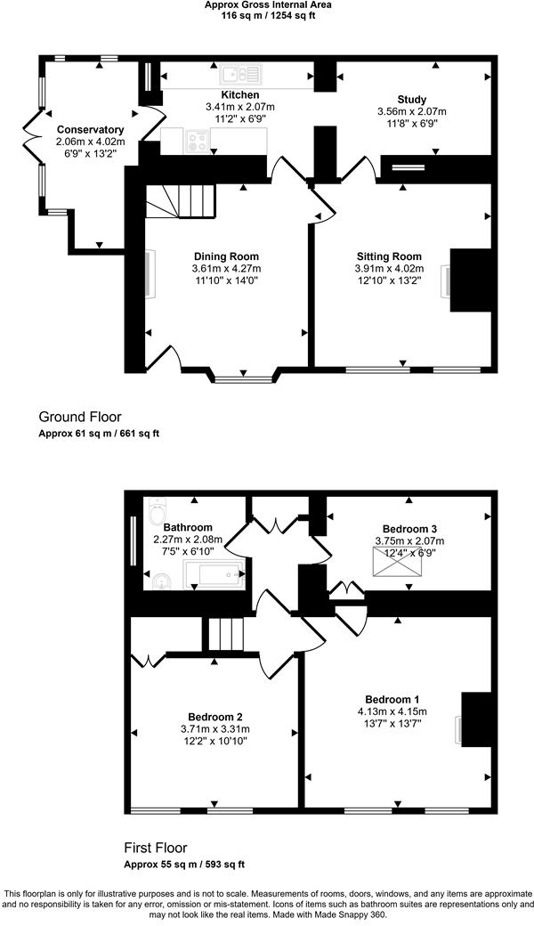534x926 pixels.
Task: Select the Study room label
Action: point(412,99)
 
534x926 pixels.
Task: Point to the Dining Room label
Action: point(226,256)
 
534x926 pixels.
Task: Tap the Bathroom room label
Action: point(188,527)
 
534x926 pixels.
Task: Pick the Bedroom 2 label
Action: point(215,717)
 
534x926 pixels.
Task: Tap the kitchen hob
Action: point(198,140)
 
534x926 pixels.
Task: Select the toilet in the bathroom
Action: point(158,511)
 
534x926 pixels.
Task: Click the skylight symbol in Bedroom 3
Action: point(396,564)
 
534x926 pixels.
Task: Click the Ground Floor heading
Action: point(80,417)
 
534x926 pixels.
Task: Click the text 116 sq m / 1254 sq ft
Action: point(267,16)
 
